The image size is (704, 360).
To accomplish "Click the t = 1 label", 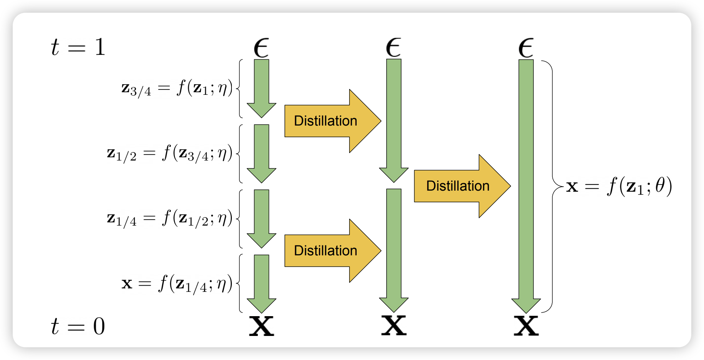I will coord(78,47).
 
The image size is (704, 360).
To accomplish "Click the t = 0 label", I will coord(78,326).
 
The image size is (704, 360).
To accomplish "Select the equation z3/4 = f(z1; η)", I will coord(177,88).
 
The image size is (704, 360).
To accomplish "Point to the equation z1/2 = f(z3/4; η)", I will coord(170,153).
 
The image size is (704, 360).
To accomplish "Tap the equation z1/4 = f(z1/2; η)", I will coord(170,219).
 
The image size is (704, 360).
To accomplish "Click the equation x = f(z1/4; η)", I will coord(177,284).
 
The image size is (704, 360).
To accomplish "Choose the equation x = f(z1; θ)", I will coord(618,186).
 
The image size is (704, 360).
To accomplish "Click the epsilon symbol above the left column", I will coord(262,48).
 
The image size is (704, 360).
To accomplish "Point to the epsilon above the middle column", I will coord(394,48).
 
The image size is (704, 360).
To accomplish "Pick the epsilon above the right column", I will coord(526,48).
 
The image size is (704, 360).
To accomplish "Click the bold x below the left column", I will coord(262,326).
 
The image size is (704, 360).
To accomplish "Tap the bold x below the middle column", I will coord(394,326).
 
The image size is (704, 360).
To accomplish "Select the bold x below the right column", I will coord(526,326).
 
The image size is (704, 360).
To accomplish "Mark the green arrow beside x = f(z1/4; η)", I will coord(262,283).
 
